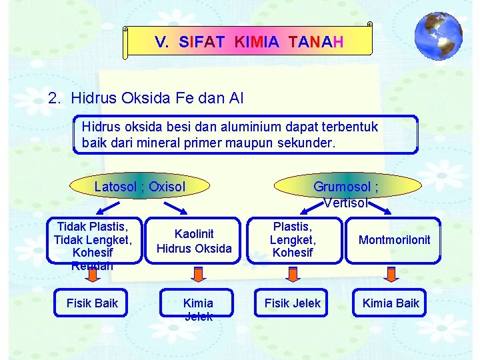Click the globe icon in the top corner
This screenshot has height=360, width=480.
coord(438,36)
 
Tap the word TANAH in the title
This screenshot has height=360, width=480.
coord(317,43)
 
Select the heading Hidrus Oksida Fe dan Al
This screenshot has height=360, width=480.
coord(157,99)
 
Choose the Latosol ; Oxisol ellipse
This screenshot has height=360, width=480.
coord(139,187)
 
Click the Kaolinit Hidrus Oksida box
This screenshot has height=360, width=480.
coord(194,241)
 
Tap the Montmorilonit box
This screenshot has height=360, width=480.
coord(394,240)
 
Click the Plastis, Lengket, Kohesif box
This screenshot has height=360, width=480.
coord(292,240)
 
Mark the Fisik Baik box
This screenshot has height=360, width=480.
coord(92,303)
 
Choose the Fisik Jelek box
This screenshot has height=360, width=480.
coord(292,303)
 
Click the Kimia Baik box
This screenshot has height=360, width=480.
coord(391,303)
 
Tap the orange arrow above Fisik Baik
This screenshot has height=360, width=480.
coord(93,274)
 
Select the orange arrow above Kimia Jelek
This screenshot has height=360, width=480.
coord(198,274)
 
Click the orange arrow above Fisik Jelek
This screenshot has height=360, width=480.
coord(293,274)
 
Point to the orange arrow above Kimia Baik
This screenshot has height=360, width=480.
coord(391,274)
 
